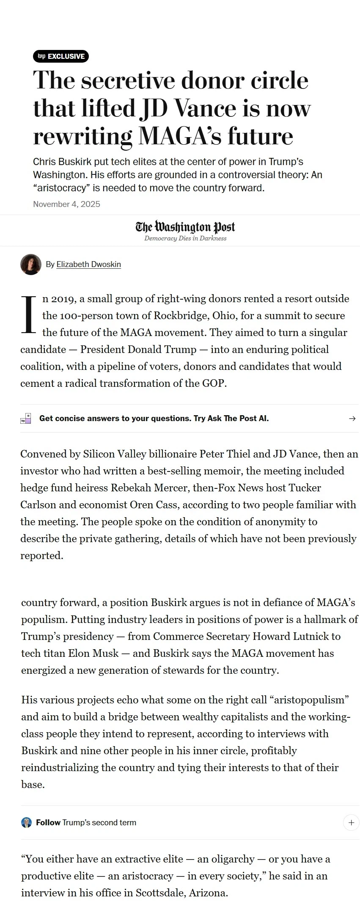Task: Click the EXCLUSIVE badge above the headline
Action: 60,56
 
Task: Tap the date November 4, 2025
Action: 66,204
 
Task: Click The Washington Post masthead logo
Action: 185,227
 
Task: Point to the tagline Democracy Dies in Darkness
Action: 185,239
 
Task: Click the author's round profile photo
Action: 31,265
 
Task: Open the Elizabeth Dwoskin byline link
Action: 88,265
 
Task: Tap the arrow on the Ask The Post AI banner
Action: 352,419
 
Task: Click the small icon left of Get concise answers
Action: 26,419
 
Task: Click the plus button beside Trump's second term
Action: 351,823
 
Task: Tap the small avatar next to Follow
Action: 26,823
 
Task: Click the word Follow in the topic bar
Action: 48,823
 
